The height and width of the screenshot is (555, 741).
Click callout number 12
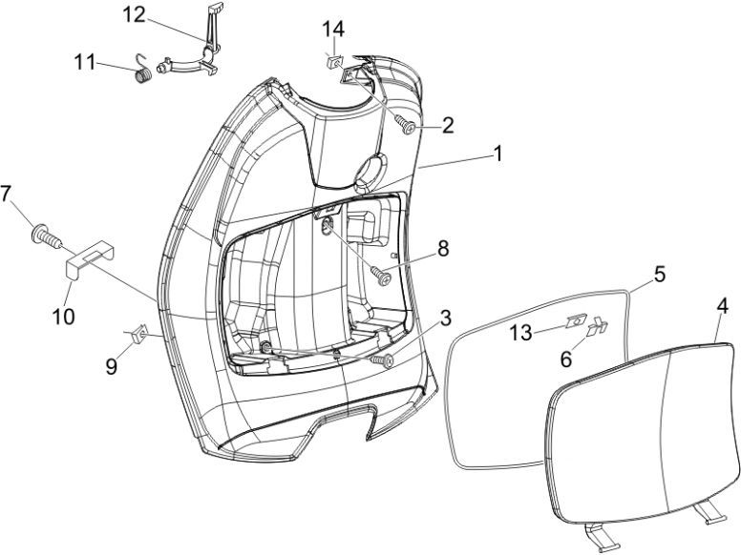135,14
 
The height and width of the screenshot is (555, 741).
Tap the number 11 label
87,63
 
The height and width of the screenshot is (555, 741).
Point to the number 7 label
8,194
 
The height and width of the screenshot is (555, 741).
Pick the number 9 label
113,366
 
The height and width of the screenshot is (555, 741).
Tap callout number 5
658,274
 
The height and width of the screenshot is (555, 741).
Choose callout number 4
722,307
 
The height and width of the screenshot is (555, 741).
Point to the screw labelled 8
384,276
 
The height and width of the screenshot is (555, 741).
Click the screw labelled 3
384,360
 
